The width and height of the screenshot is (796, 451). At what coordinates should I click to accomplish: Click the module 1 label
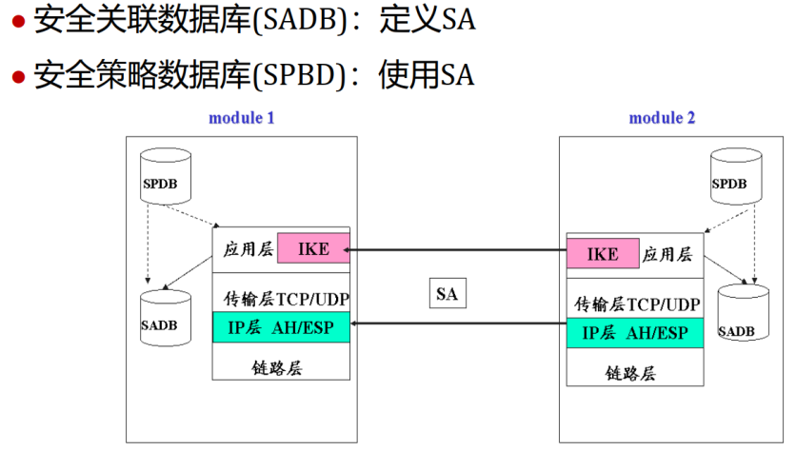[x=242, y=119]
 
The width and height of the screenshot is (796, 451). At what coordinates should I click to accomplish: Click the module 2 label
[x=662, y=119]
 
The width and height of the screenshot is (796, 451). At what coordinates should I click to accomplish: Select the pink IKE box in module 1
[x=313, y=249]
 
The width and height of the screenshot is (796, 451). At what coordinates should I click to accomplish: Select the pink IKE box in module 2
[x=602, y=254]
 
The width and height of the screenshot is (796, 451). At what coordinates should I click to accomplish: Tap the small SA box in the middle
[x=447, y=294]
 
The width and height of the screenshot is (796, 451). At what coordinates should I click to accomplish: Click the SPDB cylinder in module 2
[x=736, y=178]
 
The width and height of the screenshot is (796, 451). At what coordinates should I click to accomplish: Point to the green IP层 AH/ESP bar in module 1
[x=281, y=328]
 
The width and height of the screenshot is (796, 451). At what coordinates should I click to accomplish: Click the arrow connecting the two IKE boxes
[x=457, y=251]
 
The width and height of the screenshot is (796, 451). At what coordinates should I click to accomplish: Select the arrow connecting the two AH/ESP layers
[x=457, y=324]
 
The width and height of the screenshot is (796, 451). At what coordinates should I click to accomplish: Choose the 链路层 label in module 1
[x=280, y=367]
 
